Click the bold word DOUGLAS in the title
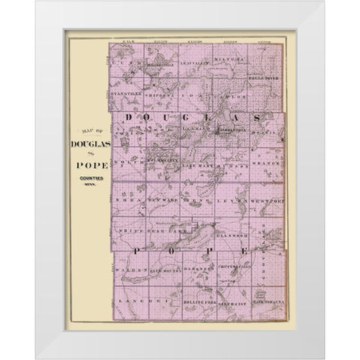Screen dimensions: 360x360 tap(89, 143)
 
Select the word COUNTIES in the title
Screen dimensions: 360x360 tap(89, 179)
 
